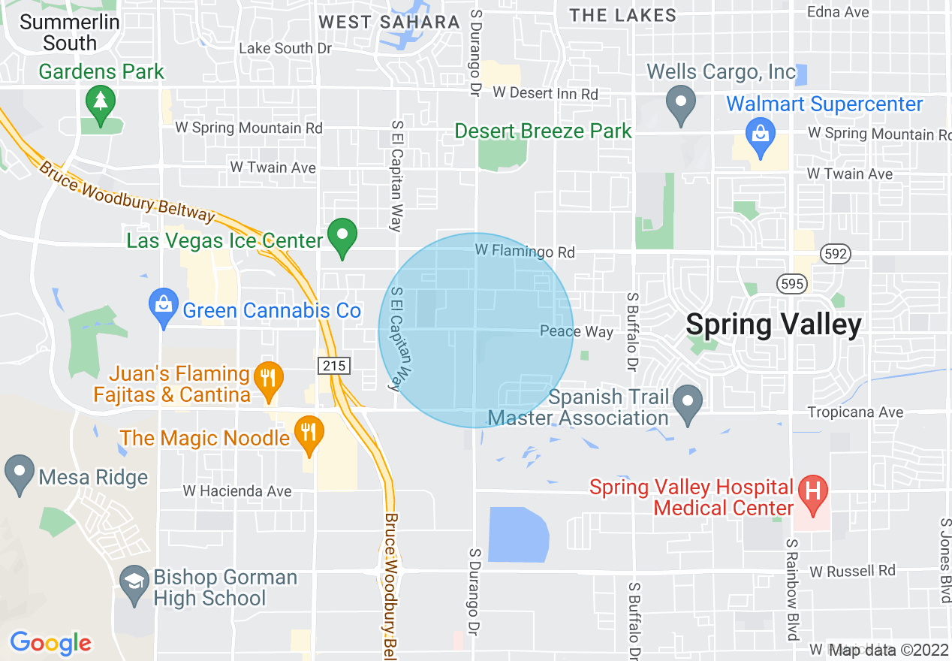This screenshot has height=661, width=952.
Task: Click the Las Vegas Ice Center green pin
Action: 343,238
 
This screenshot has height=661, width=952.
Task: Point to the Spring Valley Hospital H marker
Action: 812,492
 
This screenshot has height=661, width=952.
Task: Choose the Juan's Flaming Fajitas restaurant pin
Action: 267,380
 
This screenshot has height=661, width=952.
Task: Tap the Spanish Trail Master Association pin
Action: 688,403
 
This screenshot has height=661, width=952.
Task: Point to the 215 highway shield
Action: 333,366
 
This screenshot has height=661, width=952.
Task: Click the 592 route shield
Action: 835,254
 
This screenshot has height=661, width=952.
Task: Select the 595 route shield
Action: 791,284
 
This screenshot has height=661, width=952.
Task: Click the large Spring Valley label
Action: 773,324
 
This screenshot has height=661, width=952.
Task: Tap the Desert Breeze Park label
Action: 544,131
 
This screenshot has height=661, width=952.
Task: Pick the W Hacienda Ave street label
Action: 237,491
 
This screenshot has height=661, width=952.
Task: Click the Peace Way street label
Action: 577,331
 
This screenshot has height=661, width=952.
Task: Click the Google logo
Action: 50,643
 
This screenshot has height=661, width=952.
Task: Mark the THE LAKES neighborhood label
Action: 622,15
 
